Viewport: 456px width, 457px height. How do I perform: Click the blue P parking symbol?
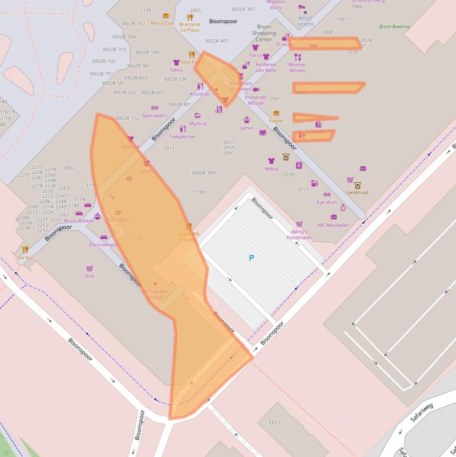coord(251,258)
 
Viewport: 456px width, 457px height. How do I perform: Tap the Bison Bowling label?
coord(394,27)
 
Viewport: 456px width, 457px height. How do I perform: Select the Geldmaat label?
coord(358,192)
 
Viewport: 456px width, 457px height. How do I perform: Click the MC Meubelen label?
coord(333,225)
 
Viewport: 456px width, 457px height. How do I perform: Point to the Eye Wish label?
coord(327,202)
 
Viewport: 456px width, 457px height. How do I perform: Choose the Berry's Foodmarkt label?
coord(299,234)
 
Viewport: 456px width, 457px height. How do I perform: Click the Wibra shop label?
coord(272,169)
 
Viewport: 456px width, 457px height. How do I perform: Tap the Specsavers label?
coord(154,116)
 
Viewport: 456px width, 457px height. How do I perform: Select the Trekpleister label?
coord(182,137)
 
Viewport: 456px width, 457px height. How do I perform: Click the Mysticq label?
coord(197,123)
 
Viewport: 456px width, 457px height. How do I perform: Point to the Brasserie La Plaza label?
coord(190,27)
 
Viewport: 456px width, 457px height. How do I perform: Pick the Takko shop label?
coord(176,69)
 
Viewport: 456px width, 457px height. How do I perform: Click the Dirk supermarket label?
coord(90,275)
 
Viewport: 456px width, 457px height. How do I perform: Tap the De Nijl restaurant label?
coord(25,258)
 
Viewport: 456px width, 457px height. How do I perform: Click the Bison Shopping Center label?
coord(264,33)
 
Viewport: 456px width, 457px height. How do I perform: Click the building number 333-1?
coord(274,422)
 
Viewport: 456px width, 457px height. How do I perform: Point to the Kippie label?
coord(276,120)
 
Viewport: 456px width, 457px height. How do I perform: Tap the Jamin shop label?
coord(247,128)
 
